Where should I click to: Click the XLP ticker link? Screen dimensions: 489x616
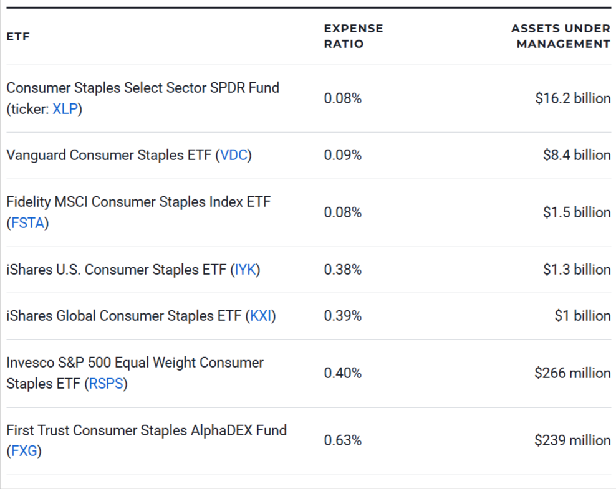[65, 109]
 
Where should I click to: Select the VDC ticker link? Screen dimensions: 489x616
[234, 155]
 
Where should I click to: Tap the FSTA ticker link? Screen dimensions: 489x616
[28, 223]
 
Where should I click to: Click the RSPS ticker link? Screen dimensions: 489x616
[105, 384]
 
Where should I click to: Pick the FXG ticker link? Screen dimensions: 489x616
[24, 452]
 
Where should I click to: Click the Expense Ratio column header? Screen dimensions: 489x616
[353, 36]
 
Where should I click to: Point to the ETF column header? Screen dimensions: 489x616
[18, 37]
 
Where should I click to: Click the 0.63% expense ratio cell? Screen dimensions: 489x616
[342, 440]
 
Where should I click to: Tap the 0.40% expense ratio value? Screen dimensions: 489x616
[342, 373]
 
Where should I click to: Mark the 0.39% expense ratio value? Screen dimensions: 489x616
[342, 316]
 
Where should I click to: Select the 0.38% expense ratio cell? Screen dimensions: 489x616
[342, 270]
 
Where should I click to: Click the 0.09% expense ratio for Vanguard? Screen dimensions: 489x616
[342, 155]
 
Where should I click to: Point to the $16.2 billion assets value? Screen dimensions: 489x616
[572, 98]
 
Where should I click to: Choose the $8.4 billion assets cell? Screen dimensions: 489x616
[576, 155]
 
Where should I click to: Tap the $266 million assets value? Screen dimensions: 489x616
[572, 373]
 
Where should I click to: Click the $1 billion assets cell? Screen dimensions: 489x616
[582, 316]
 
